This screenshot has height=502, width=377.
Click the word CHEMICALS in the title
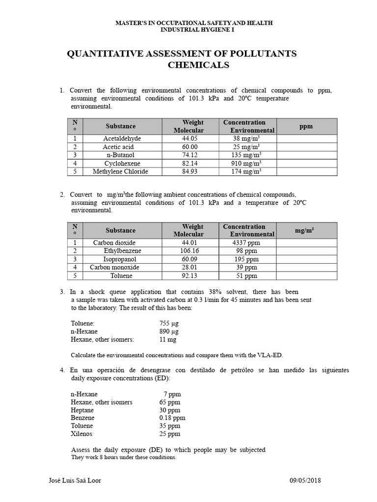tap(199, 65)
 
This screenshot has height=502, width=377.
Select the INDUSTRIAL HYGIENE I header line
tap(194, 30)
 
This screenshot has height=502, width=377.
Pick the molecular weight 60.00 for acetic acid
tap(189, 147)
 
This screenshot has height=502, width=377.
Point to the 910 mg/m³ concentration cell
tap(247, 163)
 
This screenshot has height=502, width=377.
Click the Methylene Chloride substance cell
tap(121, 172)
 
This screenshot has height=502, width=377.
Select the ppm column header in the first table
tap(306, 126)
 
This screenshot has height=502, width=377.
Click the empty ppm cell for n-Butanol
tap(307, 155)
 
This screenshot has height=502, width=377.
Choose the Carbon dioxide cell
tap(114, 243)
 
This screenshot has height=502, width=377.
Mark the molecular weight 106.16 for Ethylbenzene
tap(189, 251)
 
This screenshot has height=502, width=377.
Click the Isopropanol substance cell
tap(120, 259)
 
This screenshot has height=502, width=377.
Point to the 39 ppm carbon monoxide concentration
tap(246, 267)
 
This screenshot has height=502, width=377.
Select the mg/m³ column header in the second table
tap(306, 230)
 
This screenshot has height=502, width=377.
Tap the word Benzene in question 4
tap(83, 418)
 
